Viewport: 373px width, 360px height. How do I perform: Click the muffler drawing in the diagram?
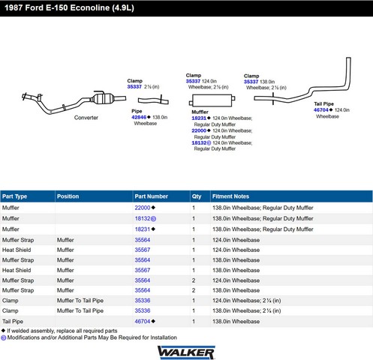(212, 100)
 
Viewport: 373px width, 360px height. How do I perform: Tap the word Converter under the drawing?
(86, 118)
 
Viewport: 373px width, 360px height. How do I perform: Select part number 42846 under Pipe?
(139, 117)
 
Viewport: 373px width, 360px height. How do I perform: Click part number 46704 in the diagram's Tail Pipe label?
(321, 110)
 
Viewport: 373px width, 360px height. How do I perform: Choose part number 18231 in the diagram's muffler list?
(199, 118)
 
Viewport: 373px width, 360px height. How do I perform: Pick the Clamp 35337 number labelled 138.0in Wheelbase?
(251, 82)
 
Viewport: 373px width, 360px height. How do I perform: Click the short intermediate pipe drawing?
(153, 100)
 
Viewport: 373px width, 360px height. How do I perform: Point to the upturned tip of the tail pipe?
(348, 59)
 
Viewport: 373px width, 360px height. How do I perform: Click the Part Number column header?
(151, 196)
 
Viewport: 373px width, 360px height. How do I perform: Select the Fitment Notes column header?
(230, 196)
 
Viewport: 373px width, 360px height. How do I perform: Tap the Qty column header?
(197, 196)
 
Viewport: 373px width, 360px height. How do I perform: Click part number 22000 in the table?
(143, 208)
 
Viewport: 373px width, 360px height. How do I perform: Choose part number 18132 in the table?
(143, 218)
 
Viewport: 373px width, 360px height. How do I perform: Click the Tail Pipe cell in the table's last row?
(13, 322)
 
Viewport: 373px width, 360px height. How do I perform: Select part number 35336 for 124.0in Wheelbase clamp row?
(143, 301)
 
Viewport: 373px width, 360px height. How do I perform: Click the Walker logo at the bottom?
(186, 352)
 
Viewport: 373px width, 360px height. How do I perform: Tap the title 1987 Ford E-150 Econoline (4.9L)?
(69, 7)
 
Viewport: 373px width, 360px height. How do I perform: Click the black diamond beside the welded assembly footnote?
(3, 331)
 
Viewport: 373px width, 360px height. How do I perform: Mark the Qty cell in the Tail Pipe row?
(194, 322)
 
